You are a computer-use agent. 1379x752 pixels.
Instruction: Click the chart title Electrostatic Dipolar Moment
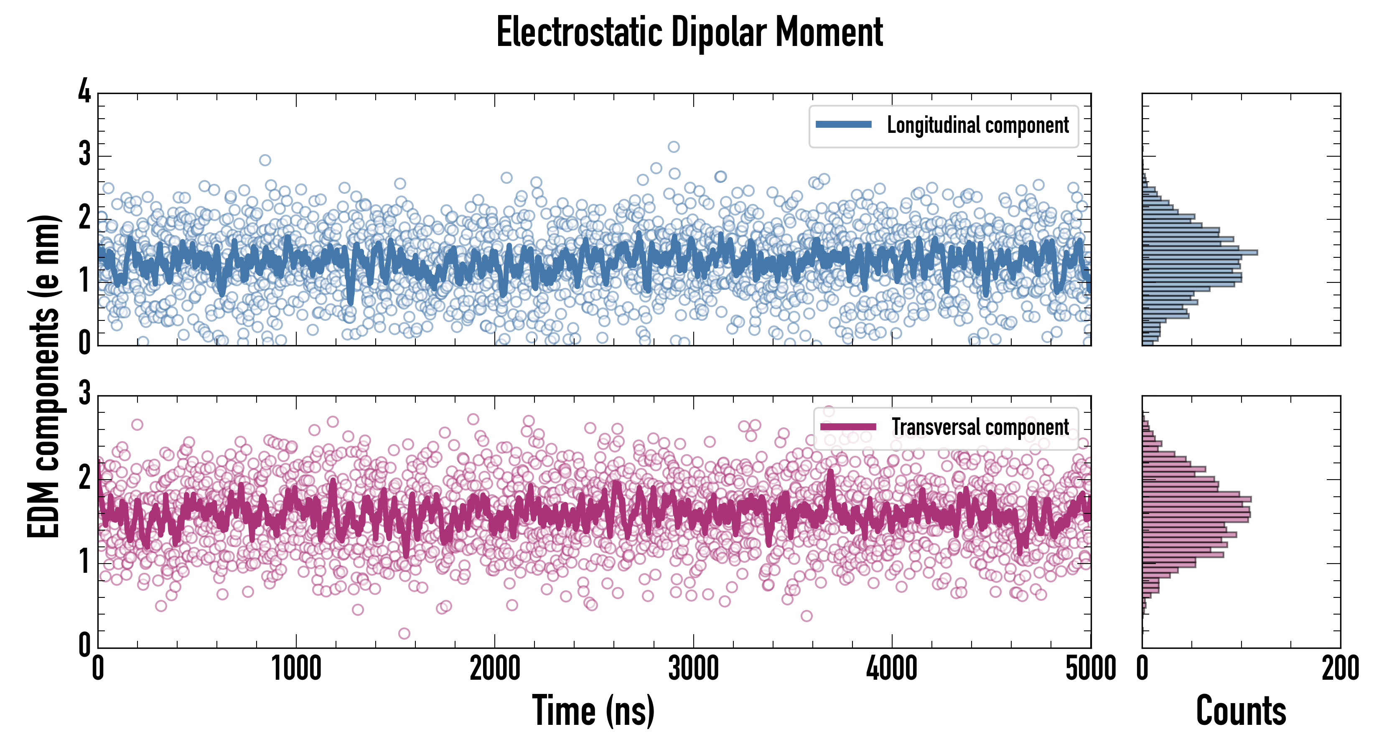tap(689, 32)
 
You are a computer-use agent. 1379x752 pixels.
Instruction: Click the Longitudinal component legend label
tap(977, 125)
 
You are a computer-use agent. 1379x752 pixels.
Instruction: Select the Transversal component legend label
tap(980, 427)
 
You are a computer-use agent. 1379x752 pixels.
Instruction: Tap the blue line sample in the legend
tap(843, 125)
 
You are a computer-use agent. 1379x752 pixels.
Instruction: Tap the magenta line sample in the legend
tap(848, 427)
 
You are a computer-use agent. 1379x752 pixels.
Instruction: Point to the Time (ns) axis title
tap(593, 710)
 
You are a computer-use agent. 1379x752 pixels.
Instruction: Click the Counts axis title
tap(1241, 710)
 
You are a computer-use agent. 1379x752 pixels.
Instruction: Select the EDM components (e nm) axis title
tap(44, 376)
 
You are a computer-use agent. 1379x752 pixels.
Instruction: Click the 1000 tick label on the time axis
tap(296, 668)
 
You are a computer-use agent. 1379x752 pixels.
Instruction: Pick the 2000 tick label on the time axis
tap(495, 668)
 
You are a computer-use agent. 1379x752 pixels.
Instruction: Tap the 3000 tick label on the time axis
tap(693, 668)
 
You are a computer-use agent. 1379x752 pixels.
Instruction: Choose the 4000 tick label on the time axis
tap(892, 668)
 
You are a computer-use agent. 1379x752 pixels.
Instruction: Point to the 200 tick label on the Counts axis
tap(1340, 668)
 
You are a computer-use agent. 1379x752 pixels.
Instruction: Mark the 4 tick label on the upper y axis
tap(84, 92)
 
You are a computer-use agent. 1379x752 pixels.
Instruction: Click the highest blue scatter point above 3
tap(674, 147)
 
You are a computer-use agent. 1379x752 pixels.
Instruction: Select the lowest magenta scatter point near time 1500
tap(404, 634)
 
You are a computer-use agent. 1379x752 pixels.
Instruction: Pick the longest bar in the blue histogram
tap(1199, 252)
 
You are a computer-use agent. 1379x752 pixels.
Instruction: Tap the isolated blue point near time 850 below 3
tap(265, 160)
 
